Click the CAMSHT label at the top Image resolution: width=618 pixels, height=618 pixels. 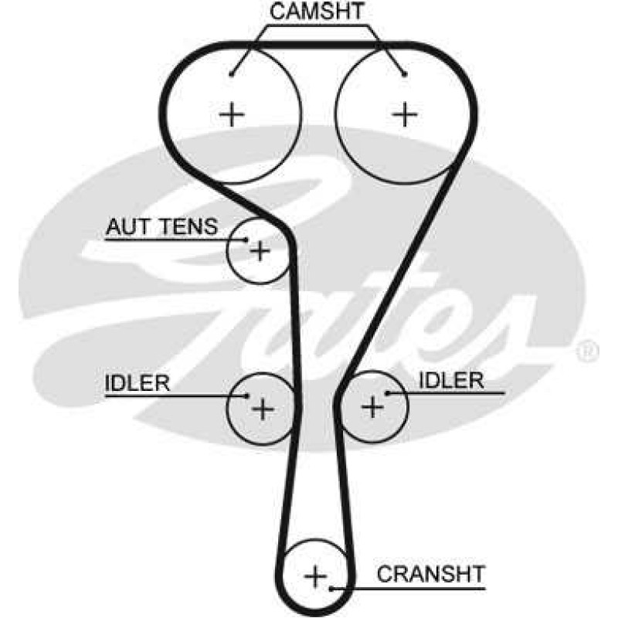[x=316, y=11]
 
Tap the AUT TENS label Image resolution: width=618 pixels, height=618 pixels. [x=161, y=226]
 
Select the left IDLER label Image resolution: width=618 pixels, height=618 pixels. [x=138, y=382]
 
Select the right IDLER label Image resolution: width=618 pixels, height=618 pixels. [x=451, y=380]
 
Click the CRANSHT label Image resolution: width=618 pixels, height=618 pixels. [x=431, y=574]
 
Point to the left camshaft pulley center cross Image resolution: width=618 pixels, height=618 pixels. [x=232, y=114]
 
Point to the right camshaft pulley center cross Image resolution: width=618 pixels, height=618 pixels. [x=405, y=114]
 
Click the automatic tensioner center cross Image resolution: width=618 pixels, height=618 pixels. [x=260, y=250]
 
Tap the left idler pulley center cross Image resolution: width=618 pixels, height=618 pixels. [x=263, y=409]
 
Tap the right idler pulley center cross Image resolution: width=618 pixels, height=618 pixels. [x=372, y=406]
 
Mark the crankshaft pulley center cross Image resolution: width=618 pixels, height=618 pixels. [x=316, y=576]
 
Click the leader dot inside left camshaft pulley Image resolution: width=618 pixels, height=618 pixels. [x=231, y=73]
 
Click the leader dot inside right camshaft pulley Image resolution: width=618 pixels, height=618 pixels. [x=404, y=73]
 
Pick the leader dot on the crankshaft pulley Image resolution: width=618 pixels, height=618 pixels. [x=331, y=589]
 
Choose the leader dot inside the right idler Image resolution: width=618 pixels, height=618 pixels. [x=388, y=393]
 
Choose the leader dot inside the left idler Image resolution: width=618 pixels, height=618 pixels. [x=247, y=396]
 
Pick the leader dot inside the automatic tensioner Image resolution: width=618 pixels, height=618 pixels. [x=246, y=239]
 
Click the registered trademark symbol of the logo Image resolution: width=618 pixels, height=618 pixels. [x=588, y=351]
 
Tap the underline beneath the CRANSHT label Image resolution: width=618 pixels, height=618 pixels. [x=409, y=589]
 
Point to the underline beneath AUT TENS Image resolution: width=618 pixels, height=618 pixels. [x=175, y=239]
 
